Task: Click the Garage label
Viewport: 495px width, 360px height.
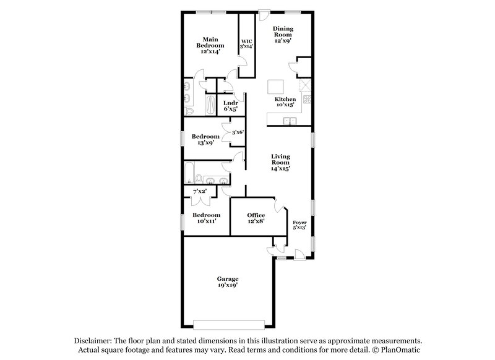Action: point(228,278)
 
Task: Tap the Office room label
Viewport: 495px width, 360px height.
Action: point(256,215)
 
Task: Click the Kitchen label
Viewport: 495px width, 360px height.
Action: point(285,99)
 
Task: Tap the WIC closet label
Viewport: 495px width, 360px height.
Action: point(247,41)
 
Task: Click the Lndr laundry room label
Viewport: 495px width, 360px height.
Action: point(231,102)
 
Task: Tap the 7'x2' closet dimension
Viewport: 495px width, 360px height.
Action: point(200,192)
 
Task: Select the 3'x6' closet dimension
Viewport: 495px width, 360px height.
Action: point(238,132)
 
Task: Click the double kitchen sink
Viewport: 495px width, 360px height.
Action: point(289,120)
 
